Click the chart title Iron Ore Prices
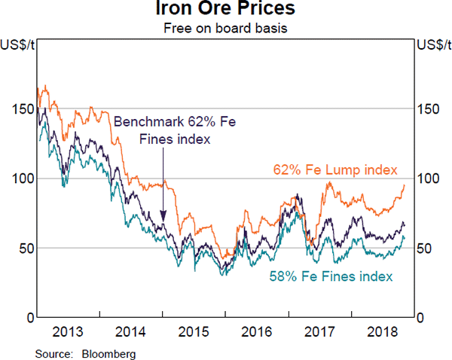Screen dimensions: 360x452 pos(226,10)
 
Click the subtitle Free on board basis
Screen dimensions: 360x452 pos(226,29)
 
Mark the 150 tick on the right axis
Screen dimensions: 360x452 pos(427,109)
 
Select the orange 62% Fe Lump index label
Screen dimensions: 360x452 pos(335,169)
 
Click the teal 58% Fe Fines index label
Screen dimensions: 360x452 pos(331,277)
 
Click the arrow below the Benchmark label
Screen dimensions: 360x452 pos(163,185)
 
